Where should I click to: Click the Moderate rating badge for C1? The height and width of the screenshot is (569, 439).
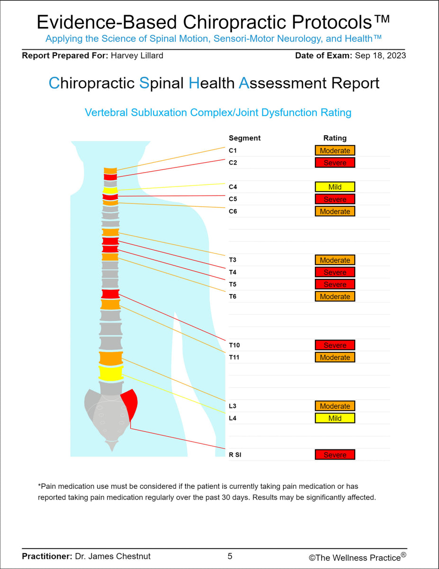335,151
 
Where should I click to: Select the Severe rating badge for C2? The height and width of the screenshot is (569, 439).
335,163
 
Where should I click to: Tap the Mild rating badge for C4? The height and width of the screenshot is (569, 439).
335,187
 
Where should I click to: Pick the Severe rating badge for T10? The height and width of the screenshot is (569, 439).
335,345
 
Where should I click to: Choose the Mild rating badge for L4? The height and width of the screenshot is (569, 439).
335,418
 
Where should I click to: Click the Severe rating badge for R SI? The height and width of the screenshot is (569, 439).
335,455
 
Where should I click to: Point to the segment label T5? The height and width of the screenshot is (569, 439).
233,284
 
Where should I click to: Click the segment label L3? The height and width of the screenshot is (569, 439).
233,406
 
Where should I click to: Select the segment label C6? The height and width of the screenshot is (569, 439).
233,211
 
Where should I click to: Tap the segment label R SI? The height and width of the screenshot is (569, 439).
235,455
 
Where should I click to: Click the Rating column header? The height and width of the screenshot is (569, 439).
335,138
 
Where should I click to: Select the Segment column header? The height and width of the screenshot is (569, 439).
244,138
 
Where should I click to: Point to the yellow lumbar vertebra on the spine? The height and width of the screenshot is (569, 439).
111,373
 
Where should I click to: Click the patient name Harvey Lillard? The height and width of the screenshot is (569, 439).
137,55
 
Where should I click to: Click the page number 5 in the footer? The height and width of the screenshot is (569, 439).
230,556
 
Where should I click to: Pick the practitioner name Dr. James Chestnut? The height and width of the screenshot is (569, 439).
113,556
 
